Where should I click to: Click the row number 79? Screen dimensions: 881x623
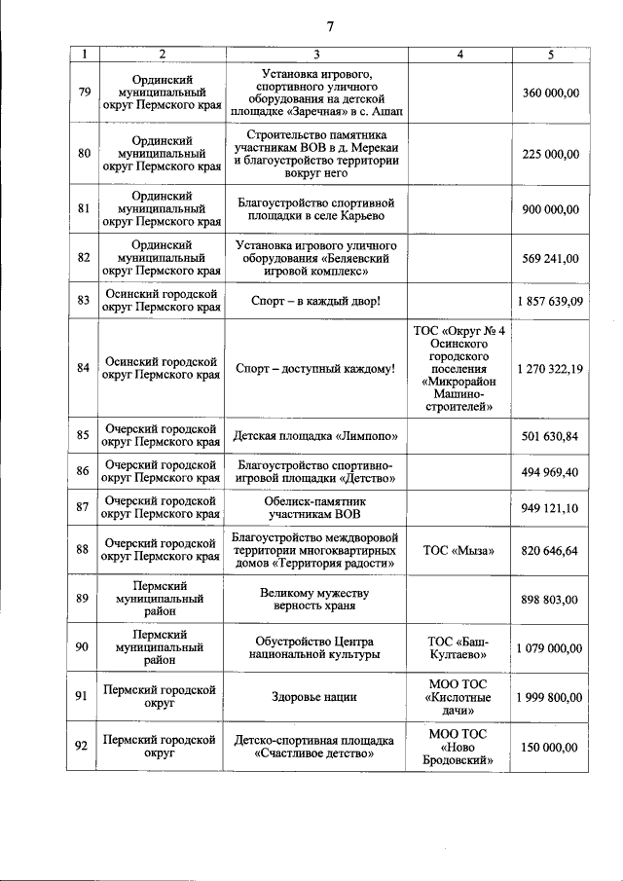pos(84,92)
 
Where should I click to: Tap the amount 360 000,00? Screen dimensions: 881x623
pos(550,92)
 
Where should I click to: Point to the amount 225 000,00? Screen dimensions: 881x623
pos(550,154)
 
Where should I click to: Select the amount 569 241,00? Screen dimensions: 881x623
pos(550,258)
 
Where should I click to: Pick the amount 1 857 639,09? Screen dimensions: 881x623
pos(550,301)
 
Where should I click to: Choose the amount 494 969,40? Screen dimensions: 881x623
pos(550,472)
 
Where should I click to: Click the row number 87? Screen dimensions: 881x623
pos(84,508)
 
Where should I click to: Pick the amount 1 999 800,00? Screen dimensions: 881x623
pos(550,697)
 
